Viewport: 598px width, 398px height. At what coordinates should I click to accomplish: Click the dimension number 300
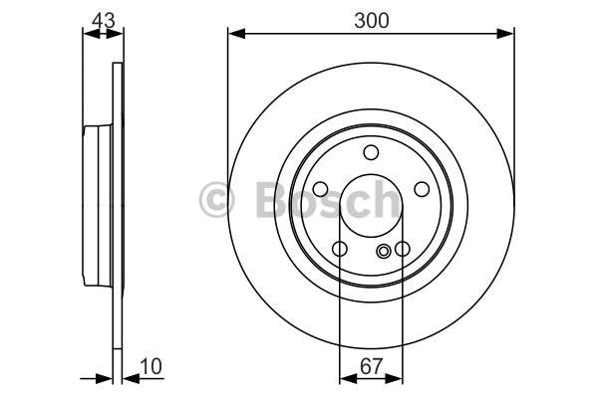pyautogui.click(x=371, y=21)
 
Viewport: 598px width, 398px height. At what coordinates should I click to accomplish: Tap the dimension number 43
pyautogui.click(x=104, y=21)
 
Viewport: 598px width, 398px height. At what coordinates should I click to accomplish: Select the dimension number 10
pyautogui.click(x=151, y=366)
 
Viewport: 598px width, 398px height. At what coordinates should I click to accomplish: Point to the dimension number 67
pyautogui.click(x=371, y=366)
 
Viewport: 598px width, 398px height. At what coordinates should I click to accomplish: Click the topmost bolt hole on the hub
pyautogui.click(x=371, y=152)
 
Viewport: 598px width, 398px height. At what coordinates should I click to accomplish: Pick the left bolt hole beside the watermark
pyautogui.click(x=320, y=189)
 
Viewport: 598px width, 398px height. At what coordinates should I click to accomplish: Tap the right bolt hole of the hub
pyautogui.click(x=422, y=189)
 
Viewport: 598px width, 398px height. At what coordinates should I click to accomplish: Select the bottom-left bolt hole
pyautogui.click(x=340, y=249)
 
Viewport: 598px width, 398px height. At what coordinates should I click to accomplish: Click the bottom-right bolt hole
pyautogui.click(x=403, y=249)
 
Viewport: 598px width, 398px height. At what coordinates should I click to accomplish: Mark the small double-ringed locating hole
pyautogui.click(x=383, y=251)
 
